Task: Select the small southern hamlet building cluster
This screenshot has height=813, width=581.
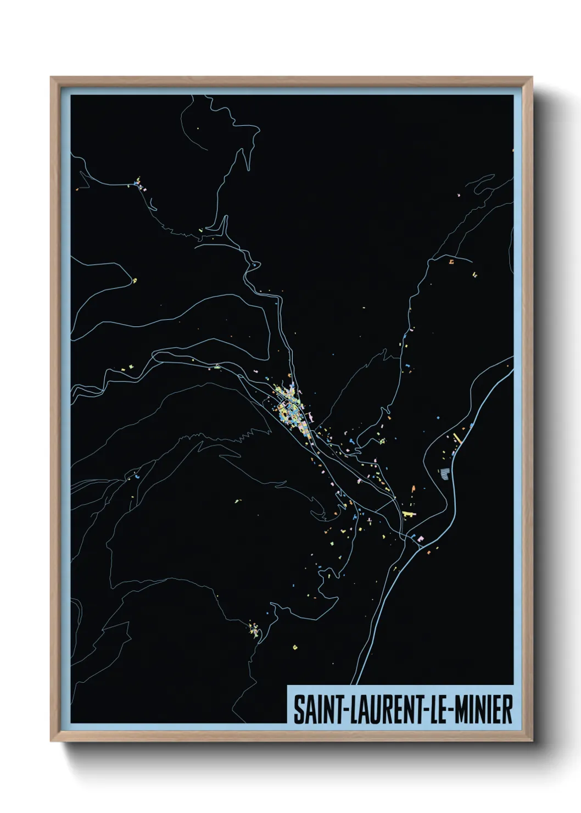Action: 254,628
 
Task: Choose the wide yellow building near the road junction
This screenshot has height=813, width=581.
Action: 408,514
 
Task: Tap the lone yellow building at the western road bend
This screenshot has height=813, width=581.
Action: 135,281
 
